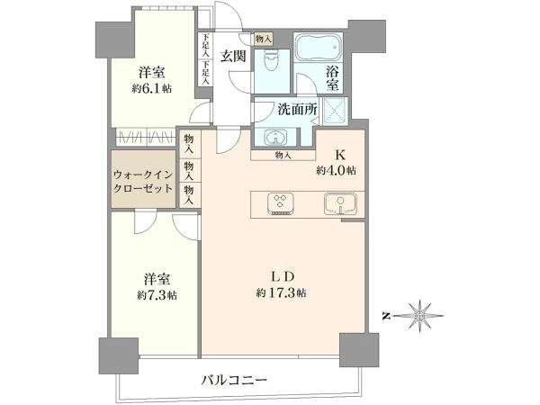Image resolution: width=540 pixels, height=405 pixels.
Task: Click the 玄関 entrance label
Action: (x=235, y=56)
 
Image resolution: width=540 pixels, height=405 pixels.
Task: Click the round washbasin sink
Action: (x=275, y=138)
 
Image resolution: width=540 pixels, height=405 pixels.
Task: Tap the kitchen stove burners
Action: (x=279, y=203)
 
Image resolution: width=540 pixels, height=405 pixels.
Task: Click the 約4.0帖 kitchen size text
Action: (x=336, y=170)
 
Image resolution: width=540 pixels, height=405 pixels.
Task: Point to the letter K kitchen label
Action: (x=341, y=154)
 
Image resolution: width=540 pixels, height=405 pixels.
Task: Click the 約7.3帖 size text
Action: (x=156, y=295)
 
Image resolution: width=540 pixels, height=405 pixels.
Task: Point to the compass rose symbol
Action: (x=419, y=316)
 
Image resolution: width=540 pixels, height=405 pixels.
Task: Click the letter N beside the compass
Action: (x=385, y=316)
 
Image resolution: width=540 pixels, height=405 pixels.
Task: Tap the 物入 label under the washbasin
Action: (x=283, y=156)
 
